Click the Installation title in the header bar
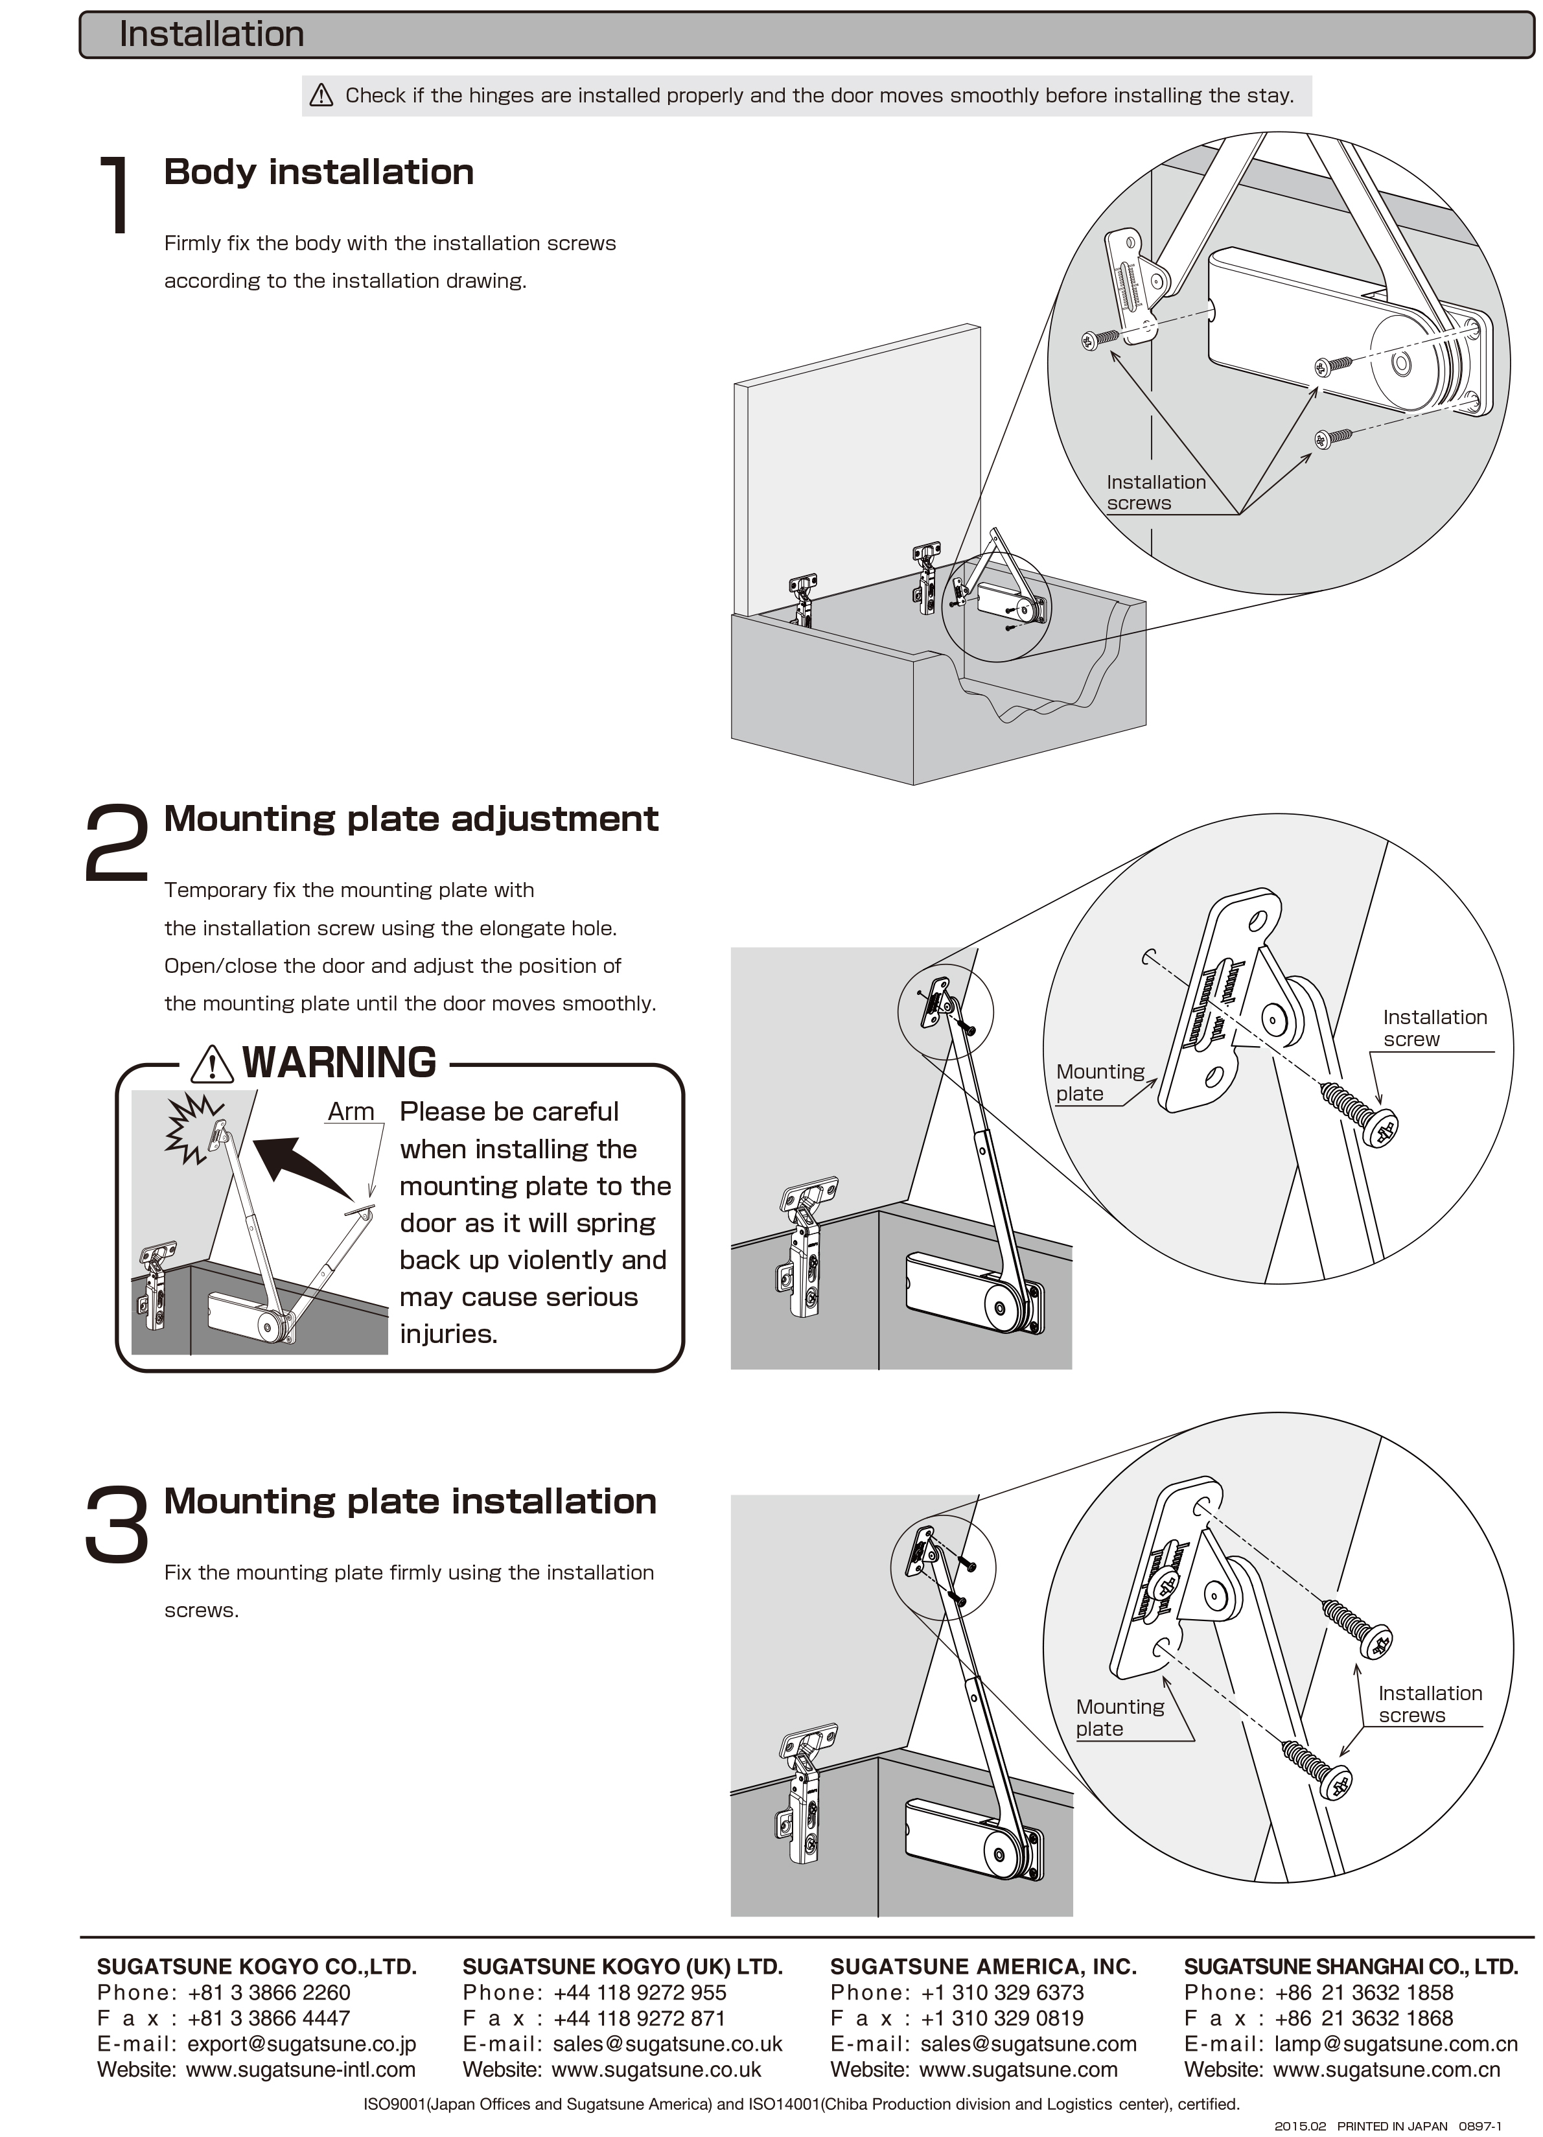click(211, 35)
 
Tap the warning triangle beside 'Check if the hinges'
click(321, 95)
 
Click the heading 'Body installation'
click(318, 172)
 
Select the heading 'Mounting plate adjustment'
click(411, 819)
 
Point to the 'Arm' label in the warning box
click(351, 1112)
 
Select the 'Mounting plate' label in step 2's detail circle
click(1099, 1082)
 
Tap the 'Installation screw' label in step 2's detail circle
click(1433, 1028)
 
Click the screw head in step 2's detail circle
click(1381, 1128)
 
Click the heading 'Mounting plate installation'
click(410, 1502)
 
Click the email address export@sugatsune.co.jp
click(301, 2044)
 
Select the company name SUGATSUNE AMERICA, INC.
click(982, 1967)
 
